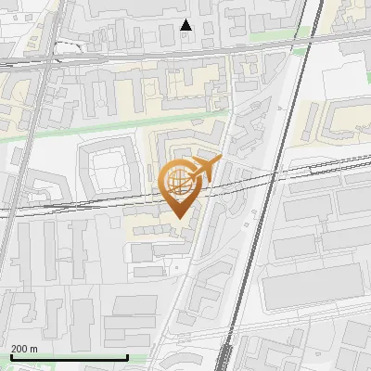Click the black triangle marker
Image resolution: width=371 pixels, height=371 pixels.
click(x=186, y=25)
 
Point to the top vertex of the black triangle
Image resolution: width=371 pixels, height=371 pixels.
click(x=186, y=19)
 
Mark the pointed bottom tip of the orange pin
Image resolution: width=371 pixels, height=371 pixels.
click(x=177, y=219)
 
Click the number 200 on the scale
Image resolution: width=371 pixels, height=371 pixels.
click(x=19, y=349)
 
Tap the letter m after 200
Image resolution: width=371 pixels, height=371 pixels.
click(x=33, y=349)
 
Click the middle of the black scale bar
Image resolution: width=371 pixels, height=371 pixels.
click(x=69, y=357)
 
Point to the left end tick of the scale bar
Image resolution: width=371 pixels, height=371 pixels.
click(x=11, y=355)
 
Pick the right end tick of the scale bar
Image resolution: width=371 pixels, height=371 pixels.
click(x=126, y=355)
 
